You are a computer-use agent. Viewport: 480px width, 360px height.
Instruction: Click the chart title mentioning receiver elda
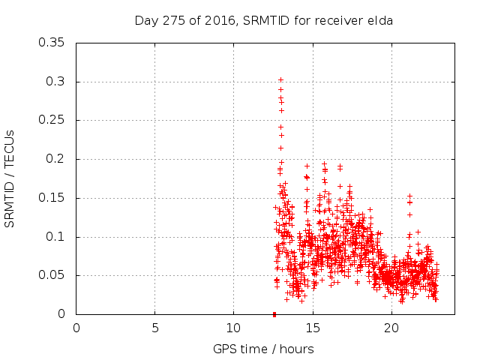point(263,20)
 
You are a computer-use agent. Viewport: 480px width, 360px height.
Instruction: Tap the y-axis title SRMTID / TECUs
point(10,178)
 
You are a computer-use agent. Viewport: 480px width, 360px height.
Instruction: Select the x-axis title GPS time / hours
point(263,349)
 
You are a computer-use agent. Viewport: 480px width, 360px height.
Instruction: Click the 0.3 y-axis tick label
point(55,82)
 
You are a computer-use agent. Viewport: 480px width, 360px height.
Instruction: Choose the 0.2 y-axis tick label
point(55,159)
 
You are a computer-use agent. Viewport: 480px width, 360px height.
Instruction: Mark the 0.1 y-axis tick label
point(55,237)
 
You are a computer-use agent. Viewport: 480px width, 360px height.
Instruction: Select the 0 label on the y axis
point(62,314)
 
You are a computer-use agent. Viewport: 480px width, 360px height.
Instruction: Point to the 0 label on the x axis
point(76,328)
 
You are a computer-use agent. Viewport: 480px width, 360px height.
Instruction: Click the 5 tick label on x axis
point(155,328)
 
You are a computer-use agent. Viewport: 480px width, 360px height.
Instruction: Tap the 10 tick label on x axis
point(233,328)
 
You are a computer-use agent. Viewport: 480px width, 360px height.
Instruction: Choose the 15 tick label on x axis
point(312,328)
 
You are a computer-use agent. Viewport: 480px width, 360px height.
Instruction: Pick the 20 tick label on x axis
point(391,328)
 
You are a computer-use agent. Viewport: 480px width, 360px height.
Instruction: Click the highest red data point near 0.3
point(280,79)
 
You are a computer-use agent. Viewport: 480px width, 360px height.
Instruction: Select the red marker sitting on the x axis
point(274,314)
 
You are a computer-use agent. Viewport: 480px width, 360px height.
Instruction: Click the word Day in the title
point(145,20)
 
